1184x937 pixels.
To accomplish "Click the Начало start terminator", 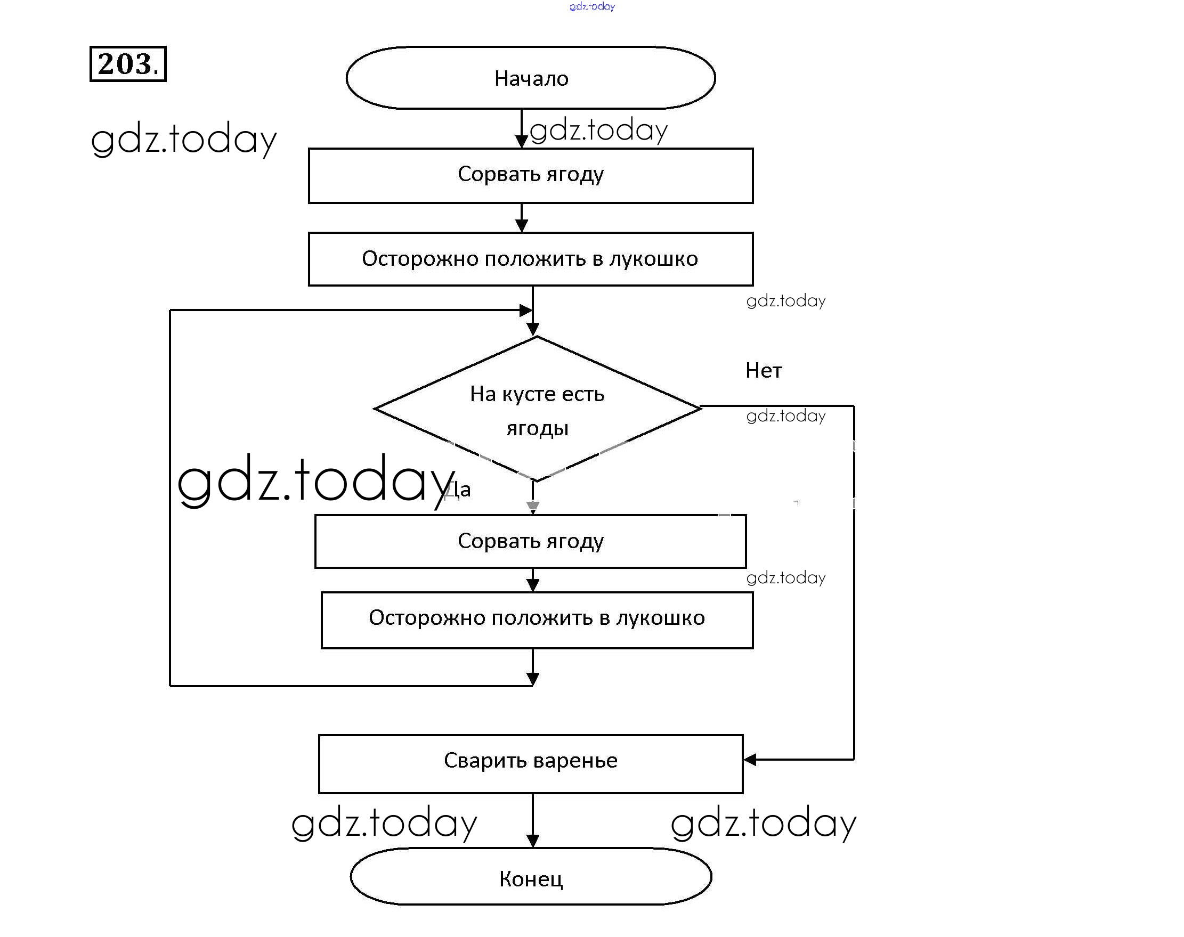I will (530, 78).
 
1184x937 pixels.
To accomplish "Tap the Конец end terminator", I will (531, 878).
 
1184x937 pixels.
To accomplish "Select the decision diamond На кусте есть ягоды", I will (537, 409).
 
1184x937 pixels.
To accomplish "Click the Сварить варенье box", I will (530, 763).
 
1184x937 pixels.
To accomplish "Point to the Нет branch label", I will (763, 371).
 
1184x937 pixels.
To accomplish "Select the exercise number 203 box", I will (128, 64).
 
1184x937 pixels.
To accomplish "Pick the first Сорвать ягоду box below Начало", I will (530, 176).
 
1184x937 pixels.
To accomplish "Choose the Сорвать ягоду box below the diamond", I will (530, 541).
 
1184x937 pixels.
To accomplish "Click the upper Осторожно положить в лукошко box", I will (530, 259).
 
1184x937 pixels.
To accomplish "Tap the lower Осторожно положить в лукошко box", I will (537, 620).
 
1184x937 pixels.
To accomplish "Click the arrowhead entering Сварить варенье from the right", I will (750, 759).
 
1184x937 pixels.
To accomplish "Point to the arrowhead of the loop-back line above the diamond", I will (525, 311).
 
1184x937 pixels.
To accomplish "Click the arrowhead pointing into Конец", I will (532, 841).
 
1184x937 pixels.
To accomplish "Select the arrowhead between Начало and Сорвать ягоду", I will (521, 141).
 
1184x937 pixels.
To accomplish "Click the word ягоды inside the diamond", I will (537, 428).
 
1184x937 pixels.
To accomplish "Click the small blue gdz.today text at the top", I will (592, 6).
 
